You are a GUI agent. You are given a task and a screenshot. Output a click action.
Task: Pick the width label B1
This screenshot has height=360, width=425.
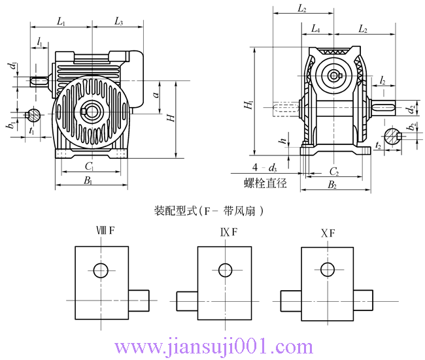click(88, 180)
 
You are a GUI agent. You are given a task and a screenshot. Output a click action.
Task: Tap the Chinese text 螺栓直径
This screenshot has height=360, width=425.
click(265, 184)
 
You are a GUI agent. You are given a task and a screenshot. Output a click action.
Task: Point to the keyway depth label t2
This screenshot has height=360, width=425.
click(379, 147)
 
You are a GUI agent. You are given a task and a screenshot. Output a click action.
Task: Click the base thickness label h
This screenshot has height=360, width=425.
click(281, 140)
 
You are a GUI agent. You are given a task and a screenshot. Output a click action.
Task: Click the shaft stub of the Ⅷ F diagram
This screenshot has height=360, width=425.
click(139, 300)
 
